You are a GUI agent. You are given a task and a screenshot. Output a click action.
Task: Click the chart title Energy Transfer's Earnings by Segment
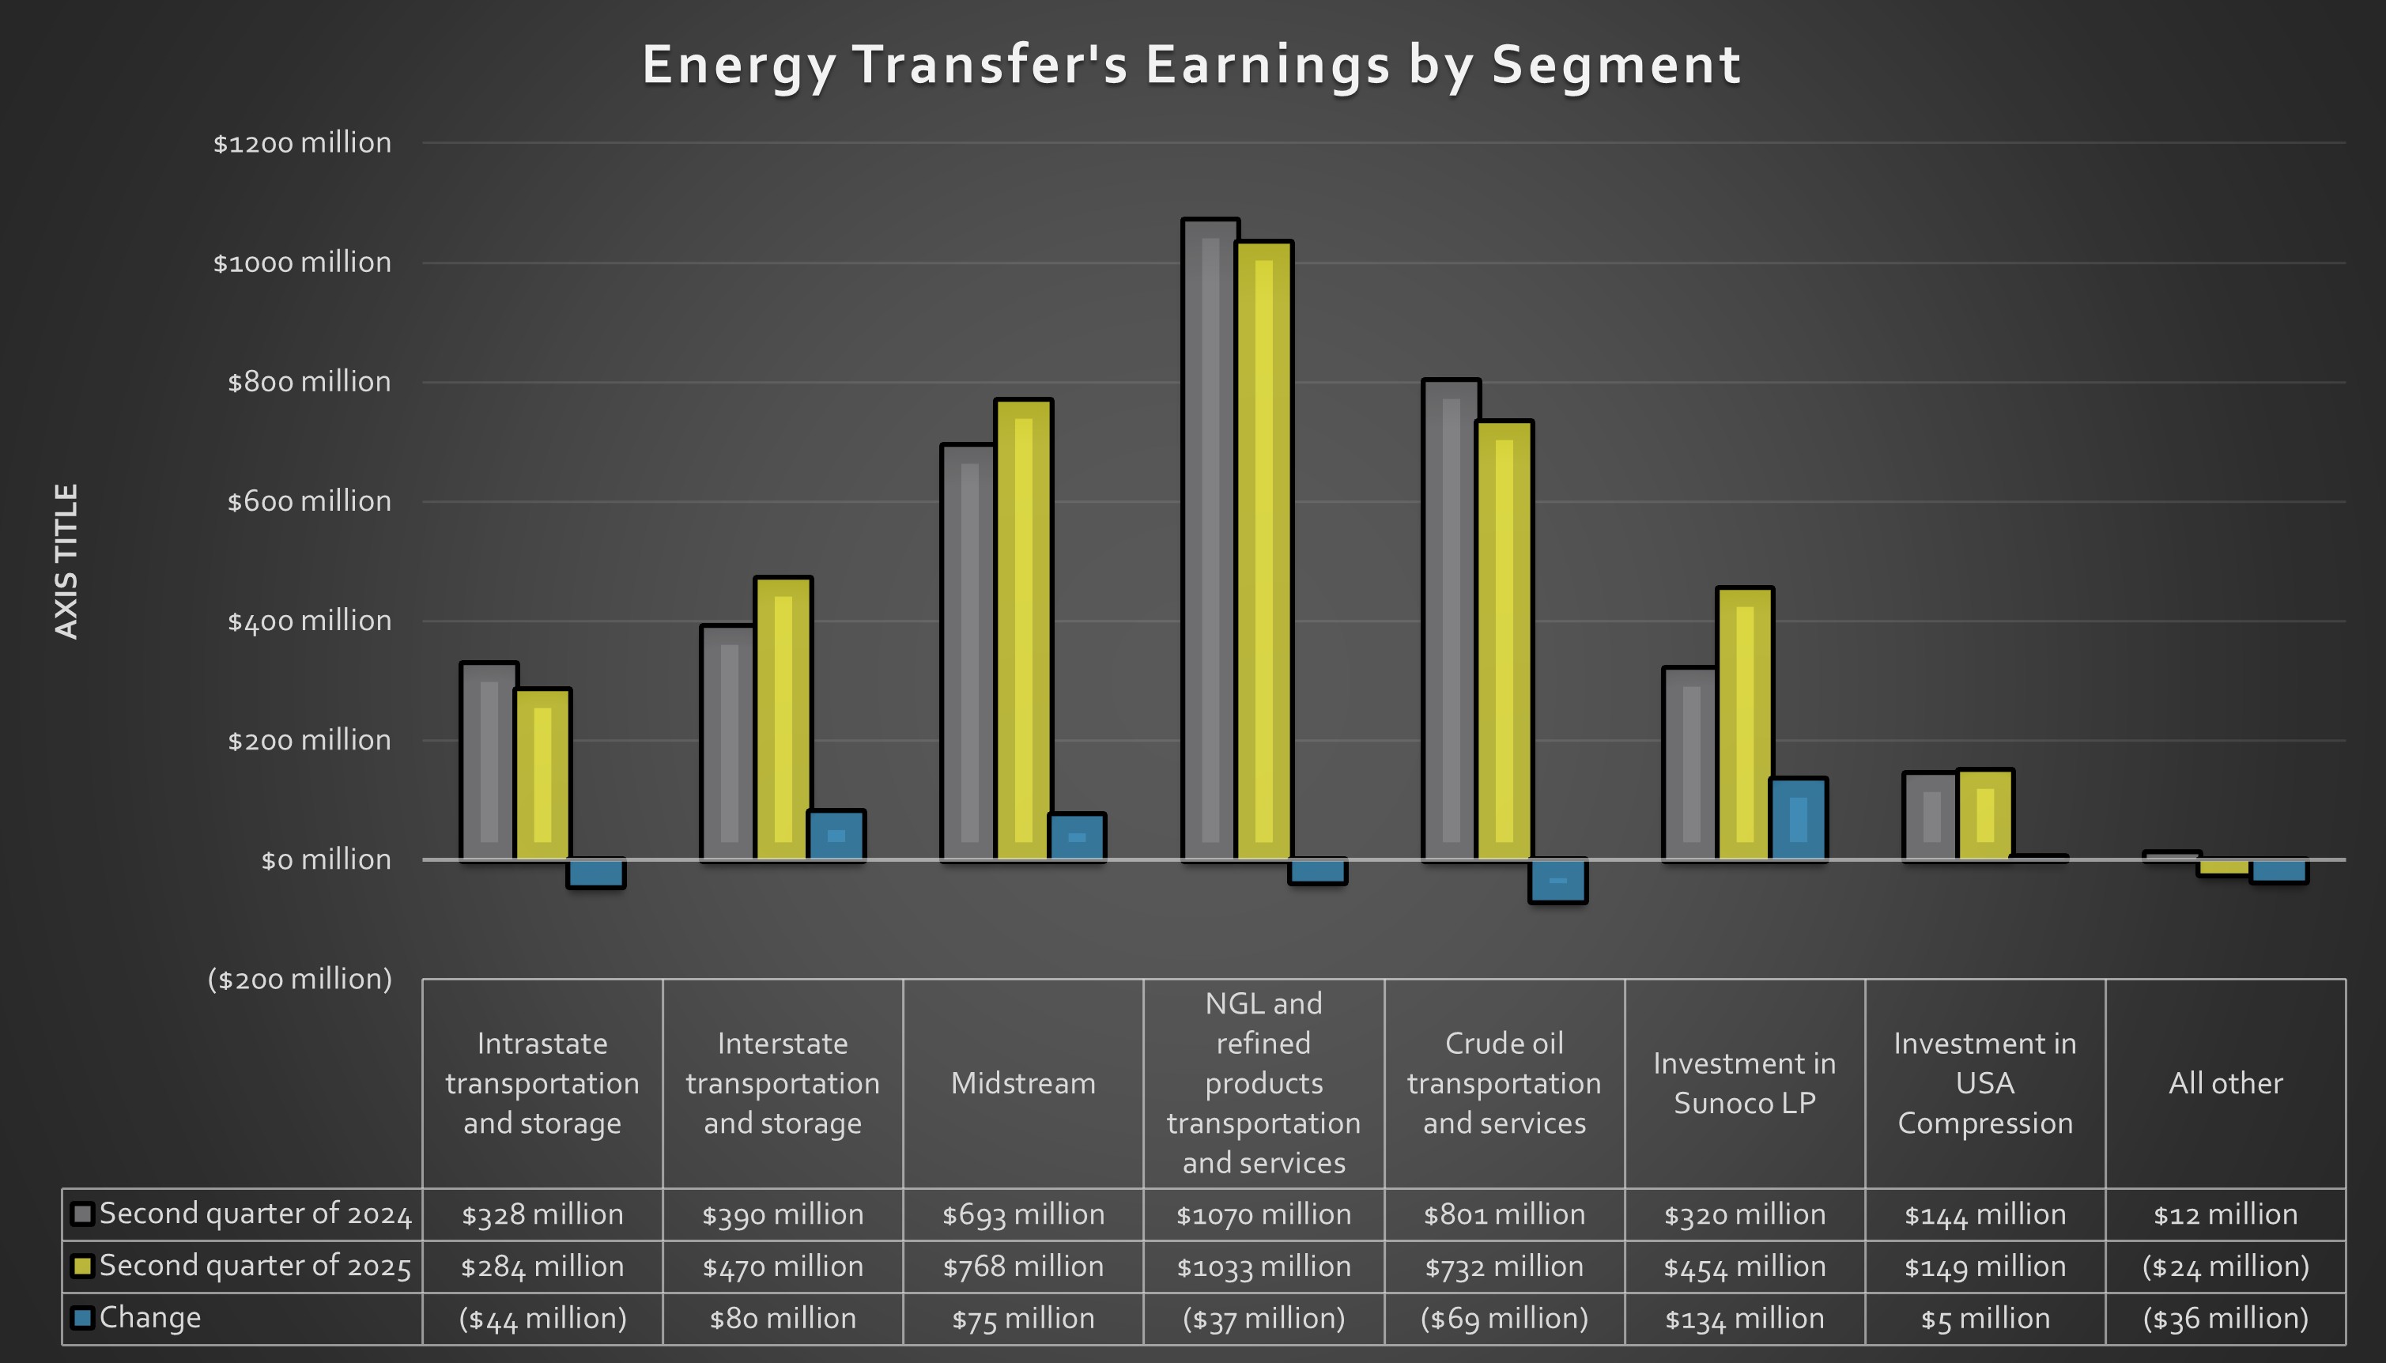coord(1191,66)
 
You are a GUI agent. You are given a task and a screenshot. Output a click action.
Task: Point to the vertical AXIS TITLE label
coord(66,561)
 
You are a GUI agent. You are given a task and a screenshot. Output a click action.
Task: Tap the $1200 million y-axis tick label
coord(301,143)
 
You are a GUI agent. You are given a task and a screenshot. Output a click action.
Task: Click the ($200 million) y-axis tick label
coord(300,980)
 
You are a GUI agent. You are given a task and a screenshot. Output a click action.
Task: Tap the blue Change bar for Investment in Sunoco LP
coord(1798,818)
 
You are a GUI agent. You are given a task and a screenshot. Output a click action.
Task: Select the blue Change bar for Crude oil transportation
coord(1557,881)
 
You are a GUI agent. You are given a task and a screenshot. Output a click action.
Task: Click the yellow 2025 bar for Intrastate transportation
coord(542,773)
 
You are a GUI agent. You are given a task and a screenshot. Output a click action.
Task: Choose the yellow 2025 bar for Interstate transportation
coord(783,717)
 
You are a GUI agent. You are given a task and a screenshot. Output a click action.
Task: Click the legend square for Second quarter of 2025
coord(82,1266)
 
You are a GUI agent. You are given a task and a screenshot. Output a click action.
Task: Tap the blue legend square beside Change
coord(82,1318)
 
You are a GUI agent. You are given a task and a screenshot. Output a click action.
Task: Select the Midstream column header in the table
coord(1023,1083)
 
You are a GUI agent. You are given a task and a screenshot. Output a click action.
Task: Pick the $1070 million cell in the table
coord(1263,1214)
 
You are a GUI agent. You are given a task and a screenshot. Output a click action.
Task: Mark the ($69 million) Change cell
coord(1504,1318)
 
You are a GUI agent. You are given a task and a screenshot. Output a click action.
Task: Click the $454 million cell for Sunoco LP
coord(1745,1267)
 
